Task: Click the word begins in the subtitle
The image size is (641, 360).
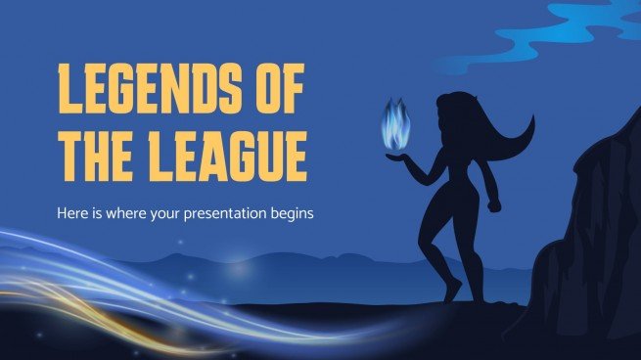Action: click(x=290, y=213)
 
